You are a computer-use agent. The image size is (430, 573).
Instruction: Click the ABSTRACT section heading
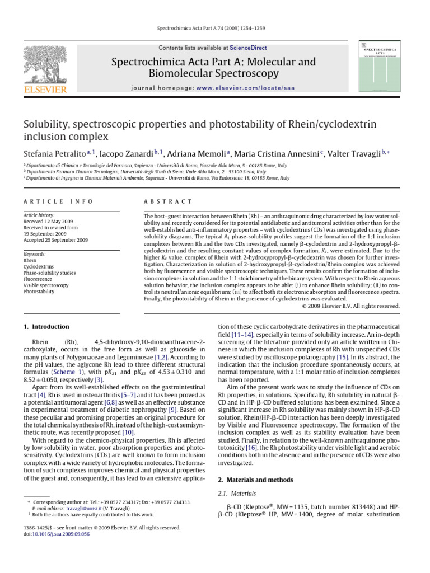[168, 201]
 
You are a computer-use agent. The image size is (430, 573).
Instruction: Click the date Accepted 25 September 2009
[55, 240]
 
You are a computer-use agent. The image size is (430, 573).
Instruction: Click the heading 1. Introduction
[46, 327]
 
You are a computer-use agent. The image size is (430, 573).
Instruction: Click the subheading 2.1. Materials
[236, 494]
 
